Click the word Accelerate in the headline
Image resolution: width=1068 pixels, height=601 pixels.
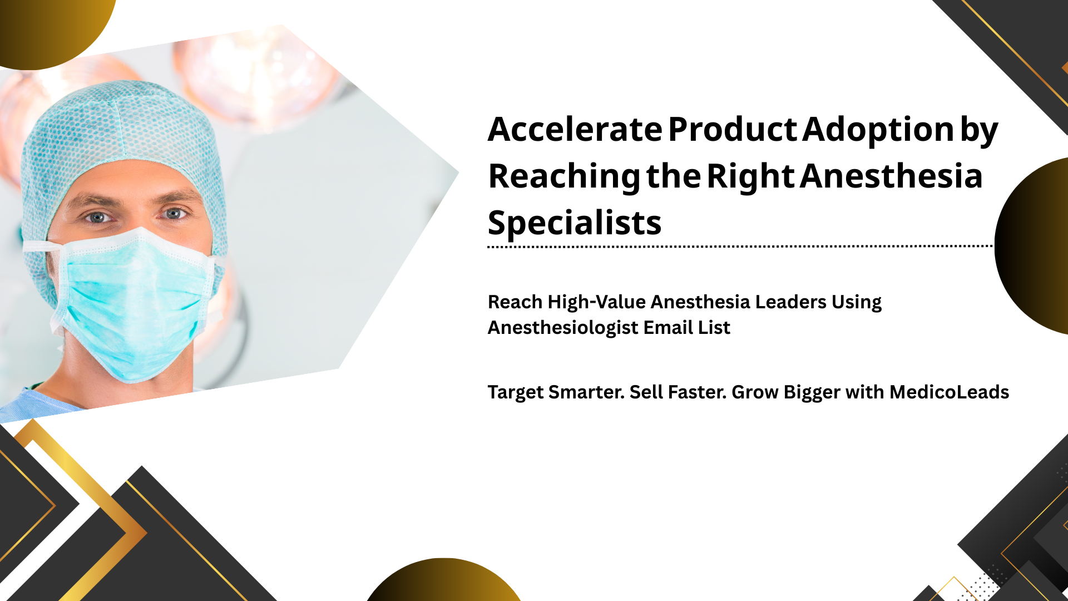pyautogui.click(x=575, y=129)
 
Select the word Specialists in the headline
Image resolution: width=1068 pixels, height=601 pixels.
pyautogui.click(x=575, y=224)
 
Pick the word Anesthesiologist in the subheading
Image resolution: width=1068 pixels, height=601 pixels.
pyautogui.click(x=563, y=328)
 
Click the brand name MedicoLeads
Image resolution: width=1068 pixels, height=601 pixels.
pyautogui.click(x=949, y=392)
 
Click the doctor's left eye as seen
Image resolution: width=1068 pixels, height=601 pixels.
pyautogui.click(x=98, y=217)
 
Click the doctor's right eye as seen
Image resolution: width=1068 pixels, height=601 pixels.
pyautogui.click(x=174, y=214)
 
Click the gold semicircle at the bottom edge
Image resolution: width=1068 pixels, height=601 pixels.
pyautogui.click(x=443, y=582)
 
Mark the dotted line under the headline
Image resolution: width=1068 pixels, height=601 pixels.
pyautogui.click(x=740, y=245)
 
